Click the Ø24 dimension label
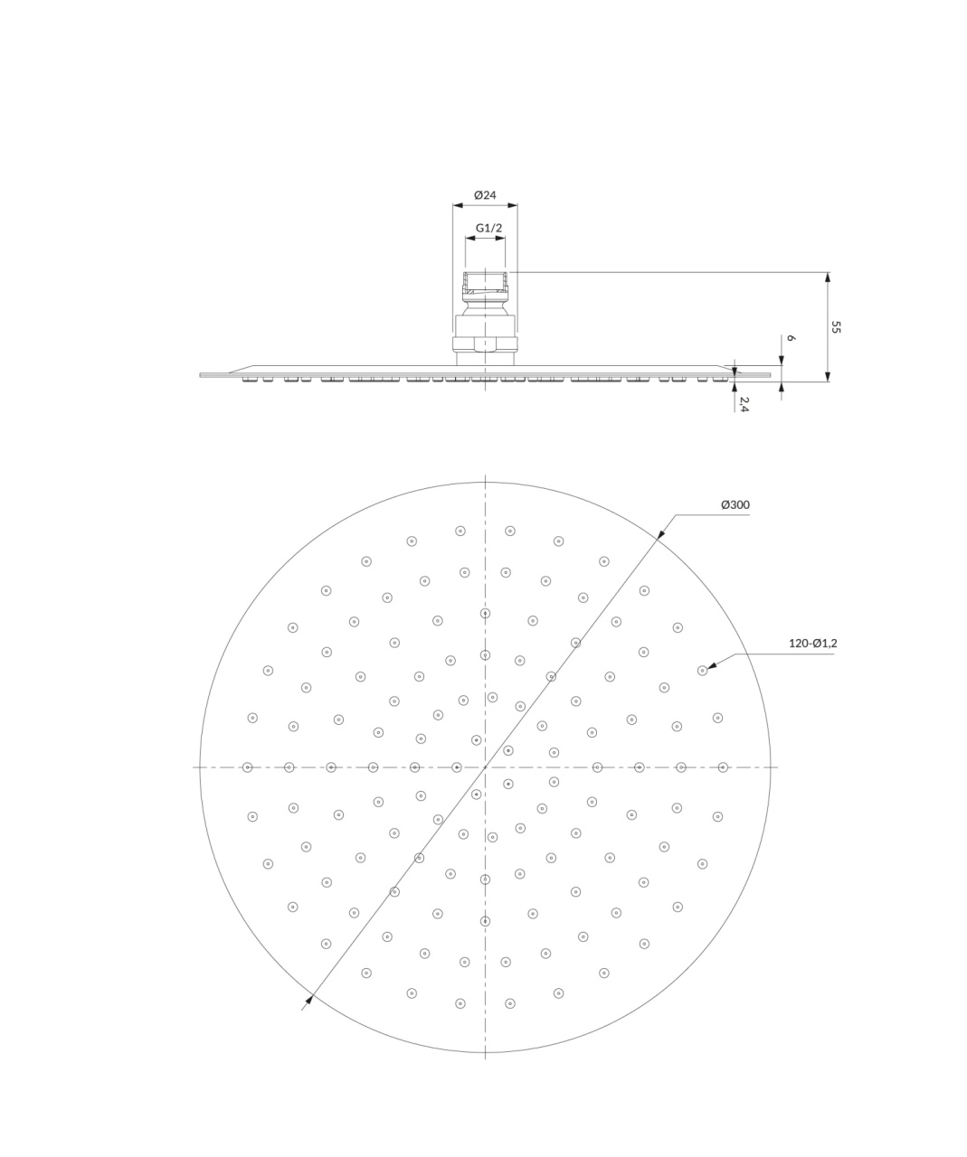click(485, 195)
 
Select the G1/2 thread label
click(488, 228)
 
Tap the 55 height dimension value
click(836, 327)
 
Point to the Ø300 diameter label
click(735, 504)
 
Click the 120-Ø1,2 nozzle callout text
click(813, 643)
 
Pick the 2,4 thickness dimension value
click(744, 405)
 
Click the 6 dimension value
click(792, 338)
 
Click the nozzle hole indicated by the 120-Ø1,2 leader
click(703, 671)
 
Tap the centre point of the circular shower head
click(485, 767)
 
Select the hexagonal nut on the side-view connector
click(485, 344)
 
